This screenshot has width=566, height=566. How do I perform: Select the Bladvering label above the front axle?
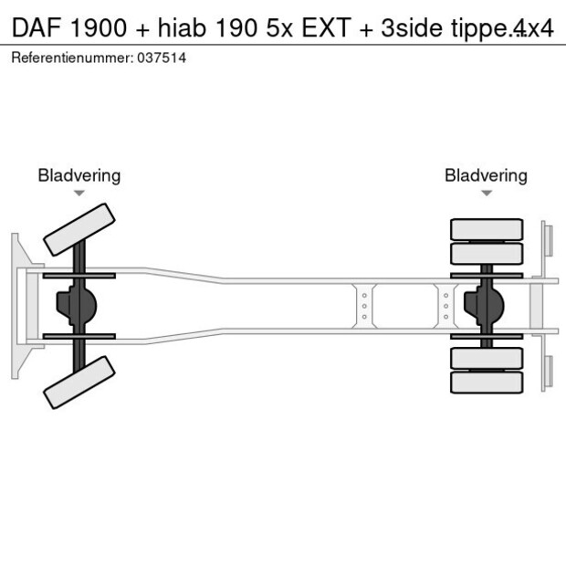tap(79, 175)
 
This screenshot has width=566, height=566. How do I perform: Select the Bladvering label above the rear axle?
tap(486, 175)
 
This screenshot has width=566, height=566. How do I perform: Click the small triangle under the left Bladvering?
tap(79, 193)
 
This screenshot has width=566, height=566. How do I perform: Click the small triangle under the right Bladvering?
tap(486, 193)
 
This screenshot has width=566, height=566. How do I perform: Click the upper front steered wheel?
tap(79, 229)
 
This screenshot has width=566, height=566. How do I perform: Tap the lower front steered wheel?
tap(79, 382)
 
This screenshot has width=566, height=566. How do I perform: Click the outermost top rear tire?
tap(487, 228)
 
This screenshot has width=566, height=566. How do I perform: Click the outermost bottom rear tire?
tap(487, 383)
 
